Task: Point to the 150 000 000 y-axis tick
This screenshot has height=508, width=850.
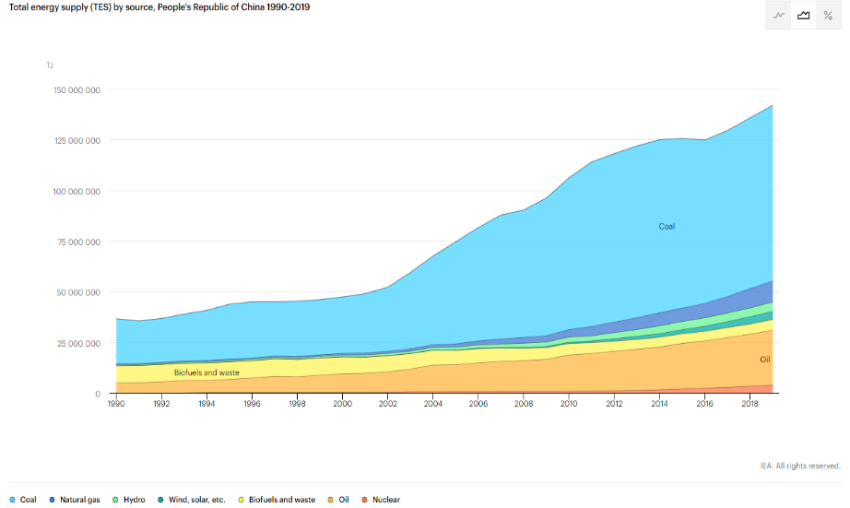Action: click(77, 90)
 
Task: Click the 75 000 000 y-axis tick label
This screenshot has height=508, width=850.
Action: click(79, 242)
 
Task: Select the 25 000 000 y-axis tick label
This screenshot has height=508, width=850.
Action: click(79, 343)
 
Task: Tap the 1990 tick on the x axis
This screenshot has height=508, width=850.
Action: click(116, 404)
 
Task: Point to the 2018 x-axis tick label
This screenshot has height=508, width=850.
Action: click(750, 404)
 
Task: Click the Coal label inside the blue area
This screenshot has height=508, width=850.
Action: click(667, 226)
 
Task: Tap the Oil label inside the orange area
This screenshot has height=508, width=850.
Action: click(765, 360)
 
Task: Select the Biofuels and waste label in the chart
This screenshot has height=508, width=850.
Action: click(207, 372)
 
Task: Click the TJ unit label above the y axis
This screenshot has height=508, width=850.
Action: click(50, 65)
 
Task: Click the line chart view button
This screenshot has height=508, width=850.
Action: click(779, 16)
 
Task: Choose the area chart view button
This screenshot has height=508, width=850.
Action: click(804, 16)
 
